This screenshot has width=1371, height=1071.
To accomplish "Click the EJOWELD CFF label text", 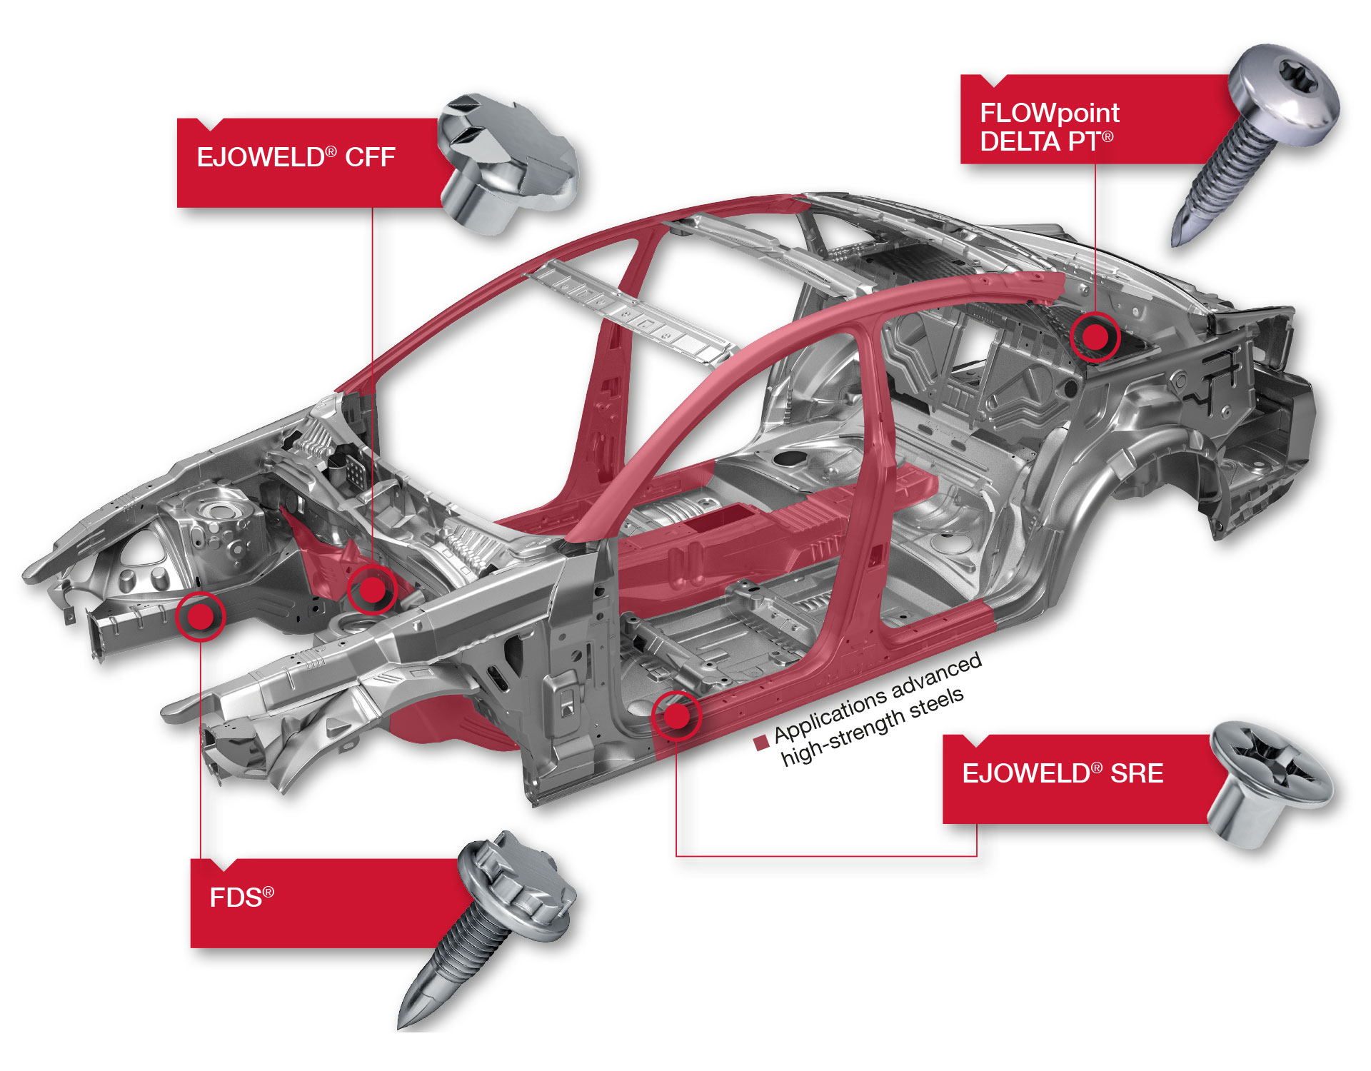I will [x=296, y=157].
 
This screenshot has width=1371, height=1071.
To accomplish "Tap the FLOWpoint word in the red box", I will [x=1049, y=113].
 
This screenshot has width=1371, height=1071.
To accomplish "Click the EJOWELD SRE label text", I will [x=1063, y=773].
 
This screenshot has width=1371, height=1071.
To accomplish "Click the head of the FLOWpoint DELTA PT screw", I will [x=1285, y=93].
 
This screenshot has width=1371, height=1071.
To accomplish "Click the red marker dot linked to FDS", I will [x=201, y=616].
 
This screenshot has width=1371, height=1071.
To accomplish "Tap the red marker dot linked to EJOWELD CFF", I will [x=371, y=590].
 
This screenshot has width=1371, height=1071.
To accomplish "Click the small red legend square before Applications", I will [x=761, y=743].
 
